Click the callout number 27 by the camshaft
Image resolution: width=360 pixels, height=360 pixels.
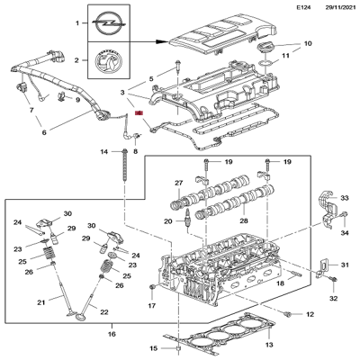coord(178,182)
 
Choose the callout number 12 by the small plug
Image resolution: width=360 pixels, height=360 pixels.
coord(310,314)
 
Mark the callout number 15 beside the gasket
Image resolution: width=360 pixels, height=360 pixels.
coord(153,347)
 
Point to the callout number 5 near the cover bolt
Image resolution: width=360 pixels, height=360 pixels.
coord(150,79)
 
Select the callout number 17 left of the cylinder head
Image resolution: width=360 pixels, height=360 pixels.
coord(152,306)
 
